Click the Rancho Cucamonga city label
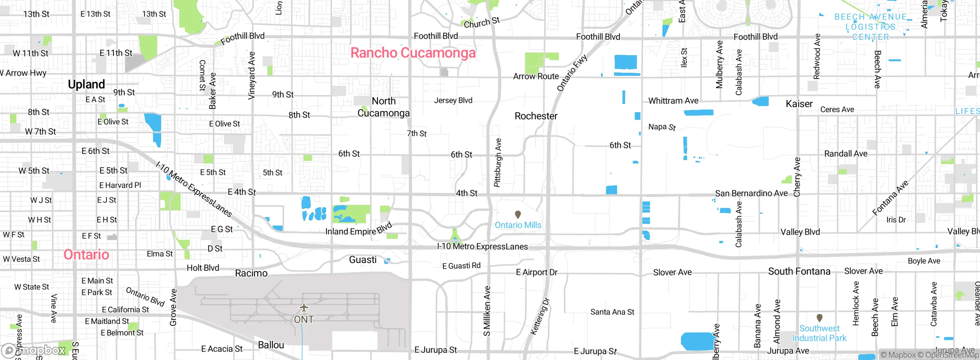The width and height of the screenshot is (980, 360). point(413,53)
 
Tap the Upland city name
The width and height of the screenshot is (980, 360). point(87,84)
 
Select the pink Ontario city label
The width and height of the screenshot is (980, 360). point(87,255)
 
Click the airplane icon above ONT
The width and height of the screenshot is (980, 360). point(304,308)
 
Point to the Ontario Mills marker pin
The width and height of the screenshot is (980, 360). point(518,214)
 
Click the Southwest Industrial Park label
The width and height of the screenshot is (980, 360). point(819,333)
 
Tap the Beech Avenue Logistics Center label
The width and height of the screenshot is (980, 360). point(871,27)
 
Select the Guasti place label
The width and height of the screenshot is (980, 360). point(363,260)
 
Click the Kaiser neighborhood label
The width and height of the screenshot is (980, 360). point(799,104)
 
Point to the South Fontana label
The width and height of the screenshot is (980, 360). point(799,272)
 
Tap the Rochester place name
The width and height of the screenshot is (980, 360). point(536,116)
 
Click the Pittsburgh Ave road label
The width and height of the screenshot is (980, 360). point(498,163)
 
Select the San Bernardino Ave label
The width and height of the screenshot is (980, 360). point(751,193)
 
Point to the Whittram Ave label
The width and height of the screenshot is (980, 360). point(673,101)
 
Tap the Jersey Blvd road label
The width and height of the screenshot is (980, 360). point(453,100)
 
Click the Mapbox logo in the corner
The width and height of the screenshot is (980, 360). point(34,350)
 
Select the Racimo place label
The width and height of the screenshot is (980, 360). point(251,273)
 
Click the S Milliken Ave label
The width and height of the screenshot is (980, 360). point(487,311)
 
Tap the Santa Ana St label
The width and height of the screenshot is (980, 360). point(612,312)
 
